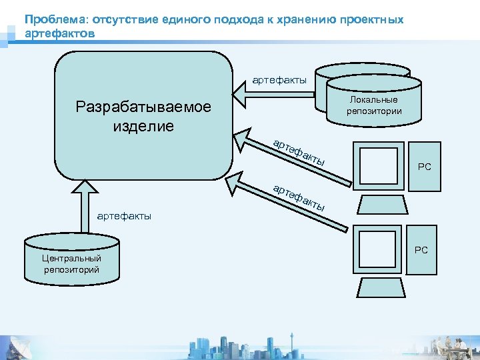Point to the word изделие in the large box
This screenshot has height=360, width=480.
[143, 126]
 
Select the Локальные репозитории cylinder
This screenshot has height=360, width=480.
[374, 100]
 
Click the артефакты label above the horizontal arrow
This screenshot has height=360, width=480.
[279, 80]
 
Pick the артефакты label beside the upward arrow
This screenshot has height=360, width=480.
[124, 215]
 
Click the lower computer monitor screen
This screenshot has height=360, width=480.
[378, 248]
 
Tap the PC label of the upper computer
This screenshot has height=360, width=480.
[424, 167]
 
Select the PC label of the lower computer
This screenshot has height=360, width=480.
[421, 251]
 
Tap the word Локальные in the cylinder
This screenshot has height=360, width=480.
[373, 100]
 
